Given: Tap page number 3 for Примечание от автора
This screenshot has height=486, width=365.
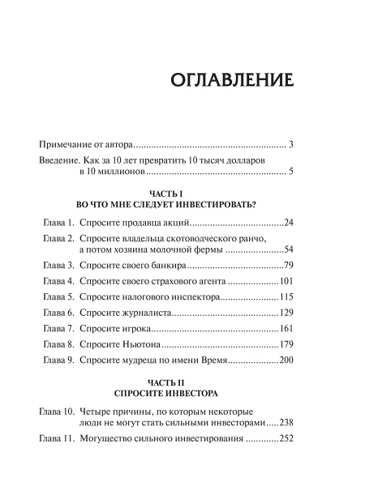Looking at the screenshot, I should (290, 145).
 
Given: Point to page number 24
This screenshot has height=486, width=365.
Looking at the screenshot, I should (286, 222).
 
